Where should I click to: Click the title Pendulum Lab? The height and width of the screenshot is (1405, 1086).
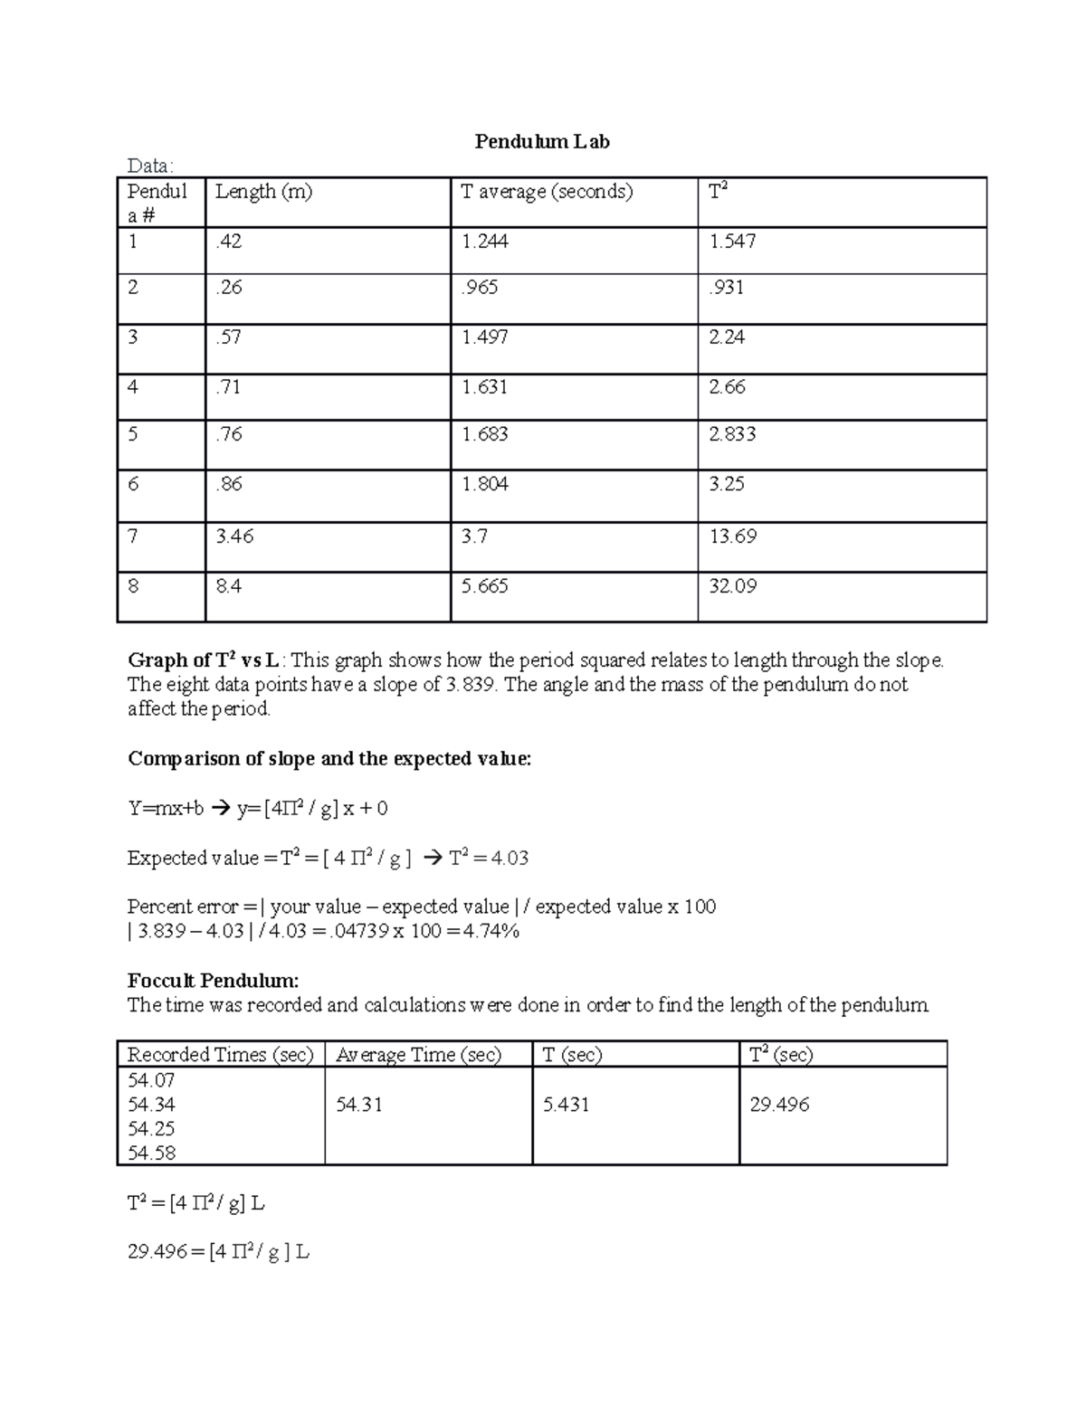coord(542,142)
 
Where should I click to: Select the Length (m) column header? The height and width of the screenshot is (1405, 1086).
coord(263,192)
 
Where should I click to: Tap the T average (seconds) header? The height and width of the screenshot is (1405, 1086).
coord(547,192)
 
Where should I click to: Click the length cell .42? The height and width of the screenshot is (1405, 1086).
coord(229,242)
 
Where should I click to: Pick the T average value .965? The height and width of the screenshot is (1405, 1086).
coord(480,288)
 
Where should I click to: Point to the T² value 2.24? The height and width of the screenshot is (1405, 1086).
coord(727,337)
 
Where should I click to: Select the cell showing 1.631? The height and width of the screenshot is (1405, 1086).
coord(484,387)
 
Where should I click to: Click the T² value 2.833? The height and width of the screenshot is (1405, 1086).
coord(732,434)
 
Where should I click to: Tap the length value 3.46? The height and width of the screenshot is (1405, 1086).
coord(234,536)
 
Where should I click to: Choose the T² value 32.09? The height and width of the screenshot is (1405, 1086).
coord(732,586)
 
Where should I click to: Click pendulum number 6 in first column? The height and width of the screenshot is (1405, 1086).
coord(133,484)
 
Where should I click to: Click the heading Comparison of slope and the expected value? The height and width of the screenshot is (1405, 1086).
coord(329,759)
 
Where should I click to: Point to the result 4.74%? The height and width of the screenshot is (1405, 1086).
coord(491,931)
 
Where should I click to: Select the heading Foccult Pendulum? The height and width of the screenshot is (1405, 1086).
coord(213,981)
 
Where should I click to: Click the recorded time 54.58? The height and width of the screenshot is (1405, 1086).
coord(151,1153)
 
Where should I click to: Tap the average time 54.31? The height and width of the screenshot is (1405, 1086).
coord(358,1105)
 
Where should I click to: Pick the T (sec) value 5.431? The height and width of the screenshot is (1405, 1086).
coord(566,1105)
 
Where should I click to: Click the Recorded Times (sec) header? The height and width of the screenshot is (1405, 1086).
coord(220,1055)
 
